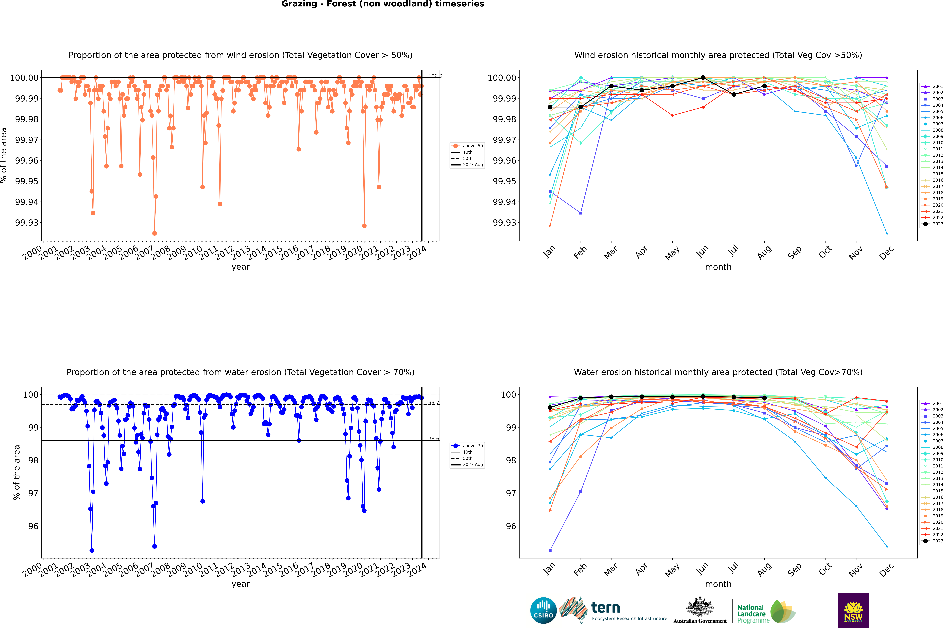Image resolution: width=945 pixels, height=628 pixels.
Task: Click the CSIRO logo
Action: [x=543, y=610]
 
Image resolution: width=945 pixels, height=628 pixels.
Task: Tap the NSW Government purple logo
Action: [x=853, y=610]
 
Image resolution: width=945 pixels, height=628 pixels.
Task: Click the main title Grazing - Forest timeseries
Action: [x=383, y=4]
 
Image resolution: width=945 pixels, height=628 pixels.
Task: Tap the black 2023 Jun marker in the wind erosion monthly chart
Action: [x=703, y=78]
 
